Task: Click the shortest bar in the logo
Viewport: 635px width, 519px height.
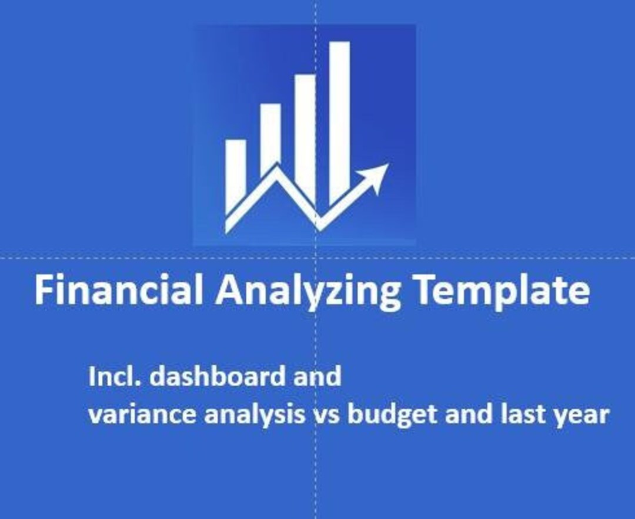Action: pyautogui.click(x=236, y=170)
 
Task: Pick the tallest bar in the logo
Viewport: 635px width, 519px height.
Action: pyautogui.click(x=339, y=117)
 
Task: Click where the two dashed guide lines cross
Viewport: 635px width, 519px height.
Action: pyautogui.click(x=316, y=257)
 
